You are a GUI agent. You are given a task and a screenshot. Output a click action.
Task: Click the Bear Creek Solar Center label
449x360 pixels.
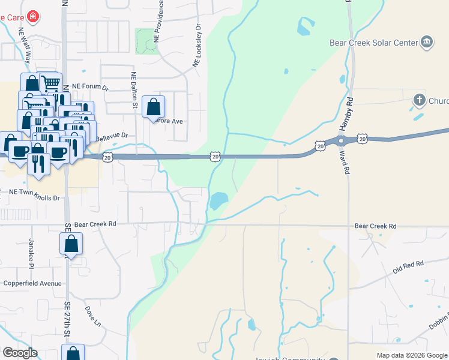373,43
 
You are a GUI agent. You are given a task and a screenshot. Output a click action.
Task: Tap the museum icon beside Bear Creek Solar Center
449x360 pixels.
426,41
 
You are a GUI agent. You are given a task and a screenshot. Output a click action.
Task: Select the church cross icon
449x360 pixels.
420,100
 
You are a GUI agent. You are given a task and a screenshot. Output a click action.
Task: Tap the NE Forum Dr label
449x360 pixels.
90,86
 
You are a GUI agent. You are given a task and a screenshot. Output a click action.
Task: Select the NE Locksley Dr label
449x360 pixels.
197,46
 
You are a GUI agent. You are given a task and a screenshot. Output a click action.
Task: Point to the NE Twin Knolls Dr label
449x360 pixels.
35,198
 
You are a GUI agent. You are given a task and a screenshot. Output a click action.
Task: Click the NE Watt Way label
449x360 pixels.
25,46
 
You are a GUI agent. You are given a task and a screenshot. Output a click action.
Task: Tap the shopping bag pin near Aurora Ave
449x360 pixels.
154,107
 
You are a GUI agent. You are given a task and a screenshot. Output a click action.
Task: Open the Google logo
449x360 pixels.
20,353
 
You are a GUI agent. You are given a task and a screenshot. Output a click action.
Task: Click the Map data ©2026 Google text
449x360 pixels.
411,355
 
